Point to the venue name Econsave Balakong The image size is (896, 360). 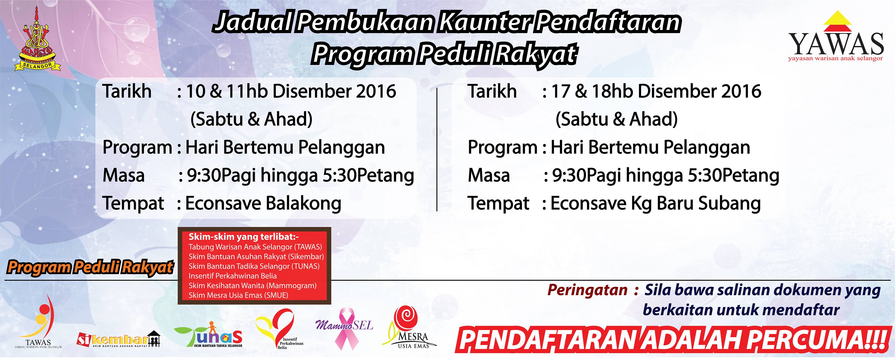(263, 204)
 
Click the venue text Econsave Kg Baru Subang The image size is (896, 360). (656, 204)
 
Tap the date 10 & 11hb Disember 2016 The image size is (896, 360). (291, 92)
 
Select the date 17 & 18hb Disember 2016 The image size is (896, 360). (656, 92)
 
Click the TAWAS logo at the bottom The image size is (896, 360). (39, 322)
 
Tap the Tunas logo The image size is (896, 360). (208, 334)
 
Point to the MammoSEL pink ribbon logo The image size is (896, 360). (344, 328)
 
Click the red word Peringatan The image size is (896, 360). (587, 290)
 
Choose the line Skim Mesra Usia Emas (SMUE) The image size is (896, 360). (238, 296)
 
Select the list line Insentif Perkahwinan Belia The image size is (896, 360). (233, 276)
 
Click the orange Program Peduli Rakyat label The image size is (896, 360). (90, 267)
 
